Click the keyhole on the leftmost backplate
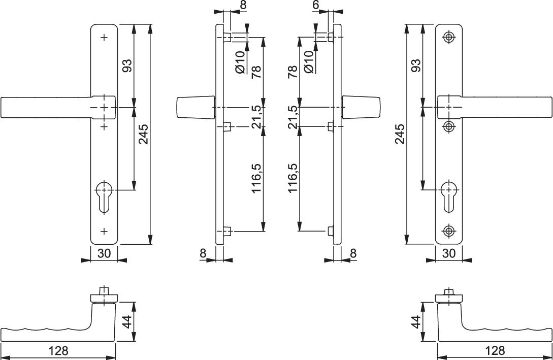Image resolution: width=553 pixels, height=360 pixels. pos(104,195)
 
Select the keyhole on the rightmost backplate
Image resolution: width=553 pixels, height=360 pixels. pos(448,195)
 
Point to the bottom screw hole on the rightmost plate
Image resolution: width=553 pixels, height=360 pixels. pos(448,231)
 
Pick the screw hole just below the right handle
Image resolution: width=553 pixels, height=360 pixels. pos(448,126)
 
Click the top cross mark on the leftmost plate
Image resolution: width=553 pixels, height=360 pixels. pos(104,37)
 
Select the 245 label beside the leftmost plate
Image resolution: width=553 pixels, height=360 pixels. pos(144,134)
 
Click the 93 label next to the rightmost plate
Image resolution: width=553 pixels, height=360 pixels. pos(416,66)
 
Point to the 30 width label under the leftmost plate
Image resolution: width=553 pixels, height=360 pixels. pos(104,253)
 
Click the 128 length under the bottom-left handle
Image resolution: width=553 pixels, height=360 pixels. pos(58,351)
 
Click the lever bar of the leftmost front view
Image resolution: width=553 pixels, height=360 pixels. pos(46,108)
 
